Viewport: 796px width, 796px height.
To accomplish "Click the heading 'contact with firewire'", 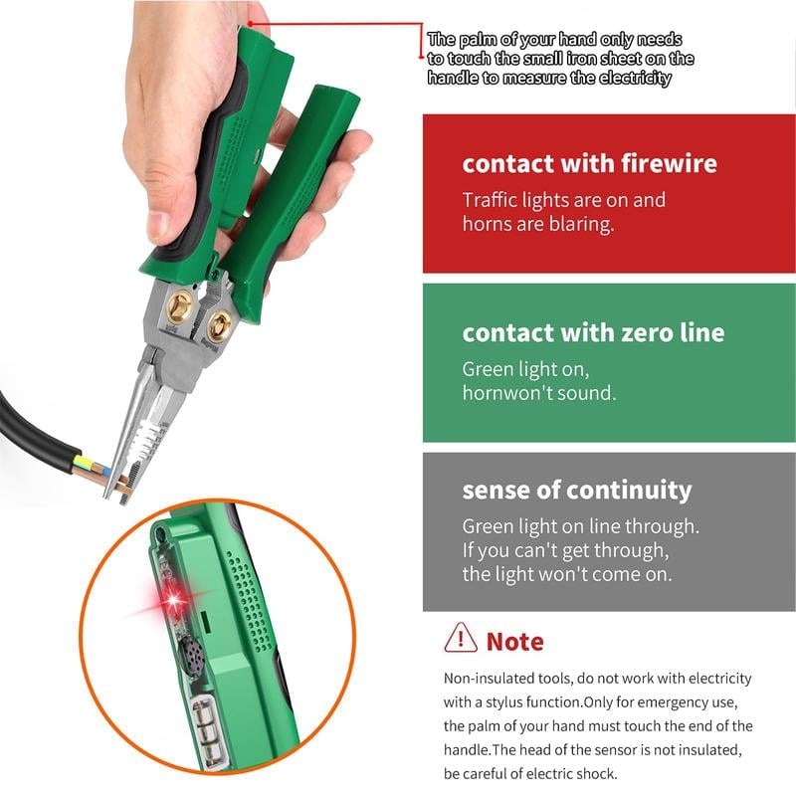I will pyautogui.click(x=589, y=163).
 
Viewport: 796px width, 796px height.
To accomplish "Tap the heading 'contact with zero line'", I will pyautogui.click(x=593, y=332).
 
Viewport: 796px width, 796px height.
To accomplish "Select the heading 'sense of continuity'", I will pyautogui.click(x=576, y=490).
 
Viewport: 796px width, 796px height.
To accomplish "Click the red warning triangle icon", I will pyautogui.click(x=461, y=637).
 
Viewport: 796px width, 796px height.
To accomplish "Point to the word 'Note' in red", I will pyautogui.click(x=514, y=641).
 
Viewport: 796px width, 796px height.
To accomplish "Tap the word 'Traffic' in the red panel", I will pyautogui.click(x=491, y=200).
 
